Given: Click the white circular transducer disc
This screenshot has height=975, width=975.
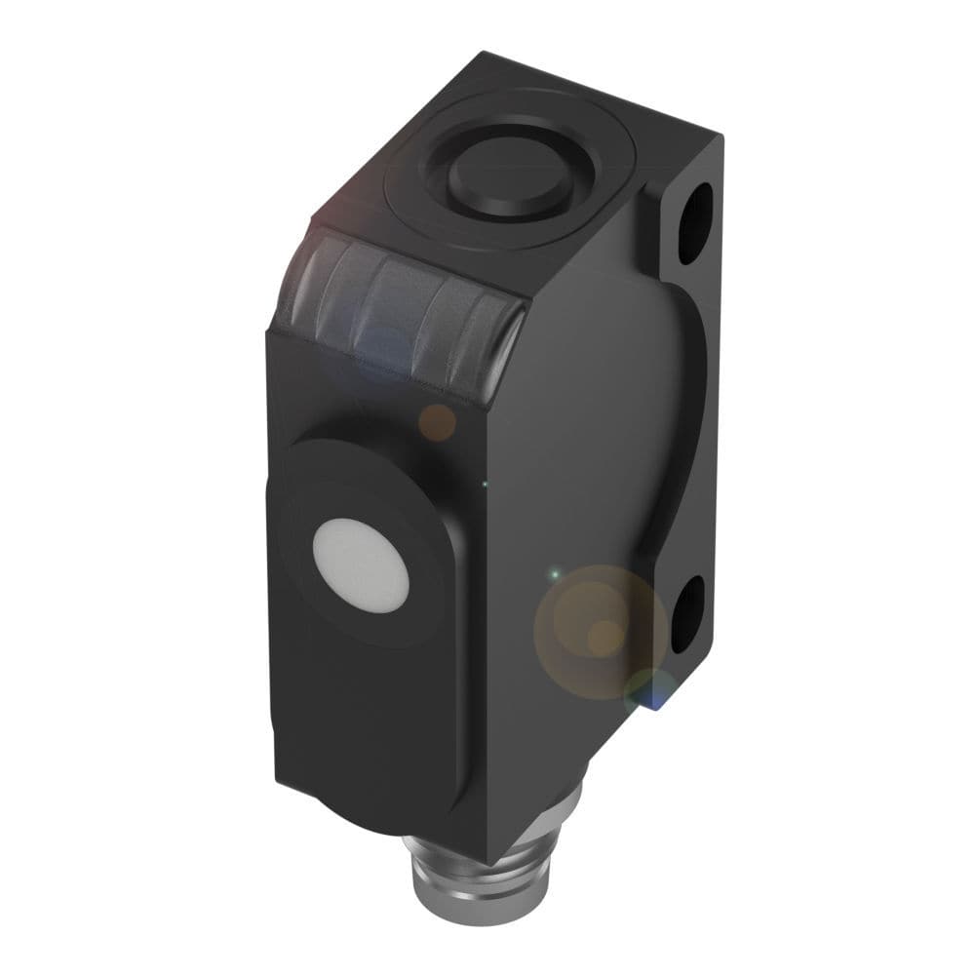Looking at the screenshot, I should point(361,565).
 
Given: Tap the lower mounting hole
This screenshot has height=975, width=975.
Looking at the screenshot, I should point(687,612).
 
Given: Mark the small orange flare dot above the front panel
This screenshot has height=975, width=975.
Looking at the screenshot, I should point(437,422).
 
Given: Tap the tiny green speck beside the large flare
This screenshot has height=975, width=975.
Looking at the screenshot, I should point(554,574).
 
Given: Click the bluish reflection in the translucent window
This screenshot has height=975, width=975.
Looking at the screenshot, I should point(385,346).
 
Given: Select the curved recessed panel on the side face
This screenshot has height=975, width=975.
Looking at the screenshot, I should point(624,429).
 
